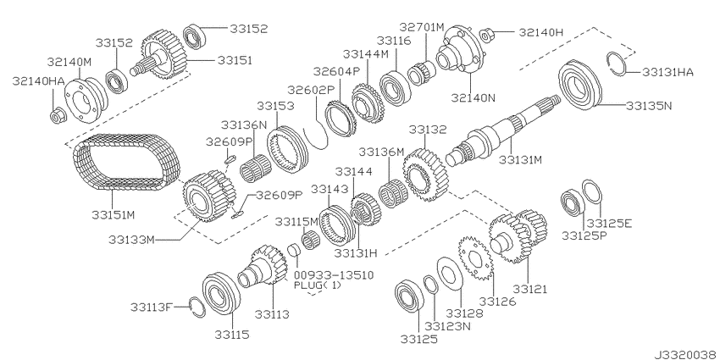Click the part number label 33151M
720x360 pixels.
click(x=113, y=215)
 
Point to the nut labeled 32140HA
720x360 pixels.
click(x=58, y=115)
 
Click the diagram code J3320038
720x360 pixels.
click(x=685, y=355)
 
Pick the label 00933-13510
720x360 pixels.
click(x=333, y=274)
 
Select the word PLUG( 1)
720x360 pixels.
click(x=318, y=285)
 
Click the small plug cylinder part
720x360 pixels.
click(x=293, y=252)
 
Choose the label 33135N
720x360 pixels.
click(x=649, y=106)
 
